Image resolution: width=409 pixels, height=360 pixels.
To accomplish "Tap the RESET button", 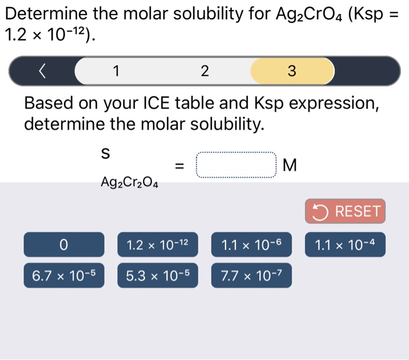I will pos(345,211).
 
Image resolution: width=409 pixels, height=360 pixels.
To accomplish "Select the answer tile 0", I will pos(64,244).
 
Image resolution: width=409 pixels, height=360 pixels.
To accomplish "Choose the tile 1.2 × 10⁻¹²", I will pos(158,244).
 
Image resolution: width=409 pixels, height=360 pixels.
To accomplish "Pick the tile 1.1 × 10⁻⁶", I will pos(251,244).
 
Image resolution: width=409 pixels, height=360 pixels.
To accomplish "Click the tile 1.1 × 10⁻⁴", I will pos(345,244).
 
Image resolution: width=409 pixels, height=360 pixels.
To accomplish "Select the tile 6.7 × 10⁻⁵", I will pos(64,276).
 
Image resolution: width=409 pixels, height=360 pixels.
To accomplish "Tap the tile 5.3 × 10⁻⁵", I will pos(158,276).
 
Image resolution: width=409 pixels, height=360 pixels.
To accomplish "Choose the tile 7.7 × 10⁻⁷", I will pos(251,276).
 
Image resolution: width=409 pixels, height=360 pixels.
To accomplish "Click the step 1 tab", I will pos(116,71).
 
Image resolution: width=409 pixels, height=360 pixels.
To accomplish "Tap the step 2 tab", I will pos(204,71).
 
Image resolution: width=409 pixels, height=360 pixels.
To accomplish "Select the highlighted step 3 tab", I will pos(292,71).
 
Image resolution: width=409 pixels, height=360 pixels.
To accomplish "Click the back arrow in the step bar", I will pos(41,71).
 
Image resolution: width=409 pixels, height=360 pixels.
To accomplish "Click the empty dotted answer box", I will pos(236,165).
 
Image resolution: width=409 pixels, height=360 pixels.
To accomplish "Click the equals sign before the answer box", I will pos(180,167).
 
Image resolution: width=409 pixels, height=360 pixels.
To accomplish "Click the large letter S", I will pos(105,154).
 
